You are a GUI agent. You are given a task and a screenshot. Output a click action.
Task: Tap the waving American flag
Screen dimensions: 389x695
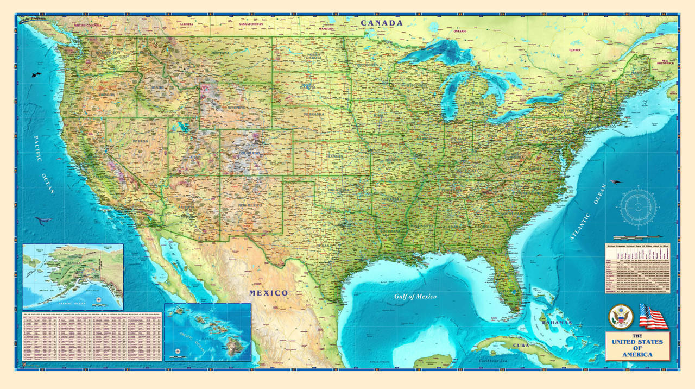point(653,316)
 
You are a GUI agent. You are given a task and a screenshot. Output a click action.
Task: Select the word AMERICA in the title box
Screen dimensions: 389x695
point(638,355)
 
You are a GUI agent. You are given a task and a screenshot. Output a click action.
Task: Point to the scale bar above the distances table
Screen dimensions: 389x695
point(637,237)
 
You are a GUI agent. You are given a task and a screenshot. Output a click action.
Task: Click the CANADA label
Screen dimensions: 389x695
point(382,23)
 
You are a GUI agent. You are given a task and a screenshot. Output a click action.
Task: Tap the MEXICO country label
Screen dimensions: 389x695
point(268,293)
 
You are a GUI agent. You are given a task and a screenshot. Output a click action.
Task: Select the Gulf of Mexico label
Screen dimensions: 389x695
point(415,296)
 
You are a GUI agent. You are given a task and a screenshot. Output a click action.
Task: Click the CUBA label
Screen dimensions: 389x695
point(521,345)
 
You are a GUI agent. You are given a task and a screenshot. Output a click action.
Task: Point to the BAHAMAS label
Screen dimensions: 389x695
point(557,323)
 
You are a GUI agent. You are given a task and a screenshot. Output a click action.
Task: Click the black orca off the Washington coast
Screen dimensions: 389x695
point(36,73)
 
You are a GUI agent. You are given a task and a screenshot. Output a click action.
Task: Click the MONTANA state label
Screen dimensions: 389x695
point(220,53)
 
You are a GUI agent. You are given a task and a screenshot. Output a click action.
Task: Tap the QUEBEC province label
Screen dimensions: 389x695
point(575,50)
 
